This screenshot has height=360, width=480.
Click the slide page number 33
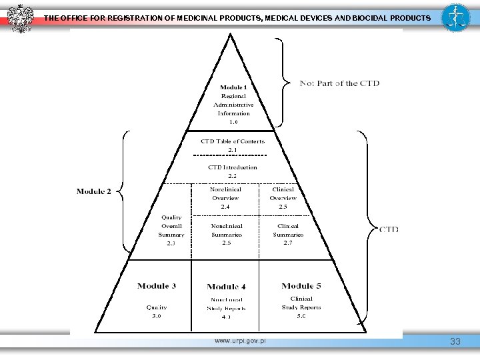(455, 342)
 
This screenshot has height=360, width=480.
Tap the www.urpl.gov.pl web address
(240, 341)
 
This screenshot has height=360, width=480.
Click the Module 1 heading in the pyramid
(233, 87)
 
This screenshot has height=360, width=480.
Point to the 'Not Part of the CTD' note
(339, 83)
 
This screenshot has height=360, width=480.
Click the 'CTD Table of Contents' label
(233, 141)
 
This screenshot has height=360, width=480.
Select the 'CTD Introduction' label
(233, 167)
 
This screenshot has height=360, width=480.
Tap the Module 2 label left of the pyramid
(94, 192)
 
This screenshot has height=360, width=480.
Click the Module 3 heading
(157, 286)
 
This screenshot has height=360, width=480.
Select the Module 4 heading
(227, 287)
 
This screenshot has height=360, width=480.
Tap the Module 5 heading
(301, 286)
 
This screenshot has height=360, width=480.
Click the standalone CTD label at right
(389, 229)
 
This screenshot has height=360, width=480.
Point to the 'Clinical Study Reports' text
(301, 303)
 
